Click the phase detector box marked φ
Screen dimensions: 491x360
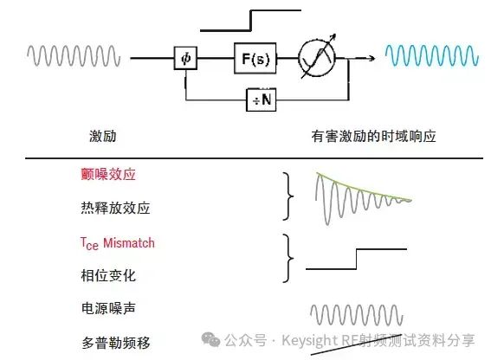[x=185, y=58]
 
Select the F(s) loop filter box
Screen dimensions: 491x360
[x=255, y=58]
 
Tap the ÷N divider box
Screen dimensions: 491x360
[x=262, y=100]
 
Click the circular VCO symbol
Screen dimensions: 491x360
[x=317, y=58]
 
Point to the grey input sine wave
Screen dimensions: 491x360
[x=74, y=55]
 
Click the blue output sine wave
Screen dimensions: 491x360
[x=432, y=55]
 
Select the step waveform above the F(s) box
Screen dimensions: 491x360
[x=250, y=21]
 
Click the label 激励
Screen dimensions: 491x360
[x=103, y=136]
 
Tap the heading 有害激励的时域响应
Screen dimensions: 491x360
[x=373, y=136]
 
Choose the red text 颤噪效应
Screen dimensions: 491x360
[x=108, y=174]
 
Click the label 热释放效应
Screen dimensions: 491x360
[x=115, y=208]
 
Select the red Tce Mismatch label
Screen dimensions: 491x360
[x=118, y=243]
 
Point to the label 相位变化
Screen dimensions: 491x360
[x=108, y=275]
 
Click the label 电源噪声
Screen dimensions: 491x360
[x=108, y=308]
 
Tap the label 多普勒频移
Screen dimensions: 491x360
[x=115, y=343]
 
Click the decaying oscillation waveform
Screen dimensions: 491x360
[x=363, y=198]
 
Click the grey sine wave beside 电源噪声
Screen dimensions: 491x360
[x=357, y=315]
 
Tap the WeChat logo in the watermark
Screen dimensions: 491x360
[x=210, y=339]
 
